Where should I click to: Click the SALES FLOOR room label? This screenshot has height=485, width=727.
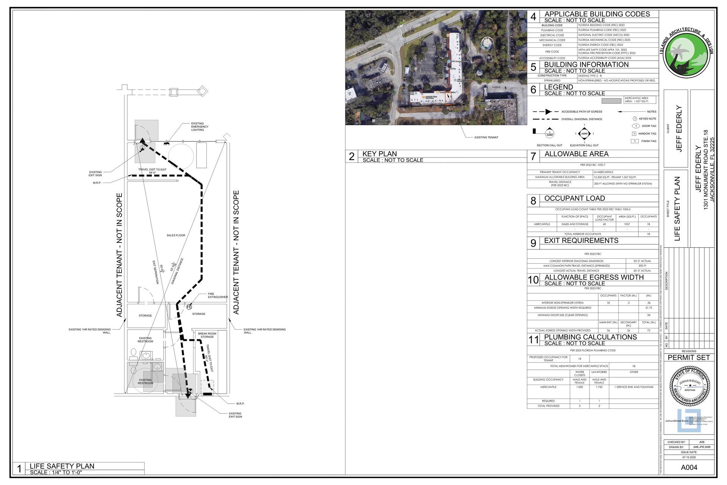pyautogui.click(x=176, y=235)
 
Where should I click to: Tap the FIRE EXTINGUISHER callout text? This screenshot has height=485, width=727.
pyautogui.click(x=218, y=296)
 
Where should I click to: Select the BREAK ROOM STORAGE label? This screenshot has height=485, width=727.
pyautogui.click(x=207, y=335)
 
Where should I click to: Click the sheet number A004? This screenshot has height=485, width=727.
pyautogui.click(x=689, y=467)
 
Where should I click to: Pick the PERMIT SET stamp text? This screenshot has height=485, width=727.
pyautogui.click(x=689, y=357)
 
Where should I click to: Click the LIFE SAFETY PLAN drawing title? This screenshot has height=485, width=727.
pyautogui.click(x=62, y=466)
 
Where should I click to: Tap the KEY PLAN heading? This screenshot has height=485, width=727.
pyautogui.click(x=379, y=154)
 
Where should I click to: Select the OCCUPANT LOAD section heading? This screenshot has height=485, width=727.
pyautogui.click(x=574, y=198)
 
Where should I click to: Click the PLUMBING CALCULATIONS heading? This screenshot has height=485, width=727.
pyautogui.click(x=590, y=337)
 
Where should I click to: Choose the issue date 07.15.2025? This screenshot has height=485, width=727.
pyautogui.click(x=689, y=457)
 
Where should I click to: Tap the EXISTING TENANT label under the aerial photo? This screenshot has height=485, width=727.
pyautogui.click(x=486, y=137)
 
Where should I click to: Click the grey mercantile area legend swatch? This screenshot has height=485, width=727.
pyautogui.click(x=612, y=101)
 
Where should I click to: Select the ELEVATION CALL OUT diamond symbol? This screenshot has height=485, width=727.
pyautogui.click(x=584, y=134)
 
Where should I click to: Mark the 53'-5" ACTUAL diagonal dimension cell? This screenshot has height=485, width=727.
pyautogui.click(x=642, y=261)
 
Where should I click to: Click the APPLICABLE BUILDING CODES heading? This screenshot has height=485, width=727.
pyautogui.click(x=597, y=14)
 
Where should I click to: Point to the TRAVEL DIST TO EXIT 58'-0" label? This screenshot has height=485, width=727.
pyautogui.click(x=152, y=171)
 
